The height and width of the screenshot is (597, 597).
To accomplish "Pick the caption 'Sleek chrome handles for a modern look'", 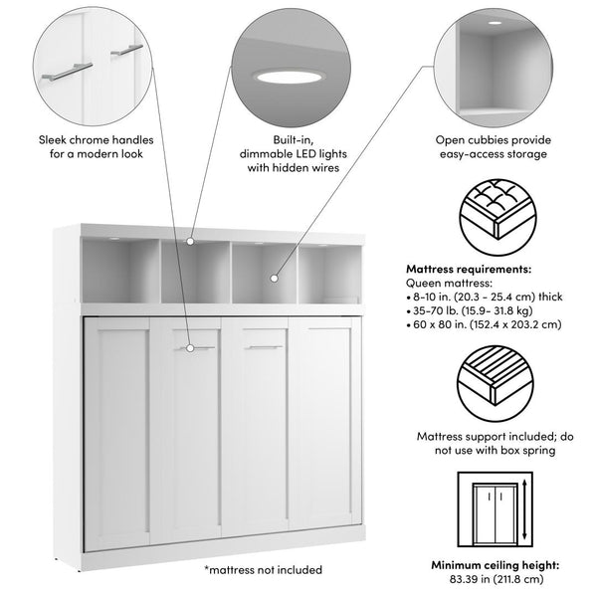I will pyautogui.click(x=90, y=147).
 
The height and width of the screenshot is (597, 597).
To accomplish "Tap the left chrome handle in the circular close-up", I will pyautogui.click(x=65, y=72).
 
